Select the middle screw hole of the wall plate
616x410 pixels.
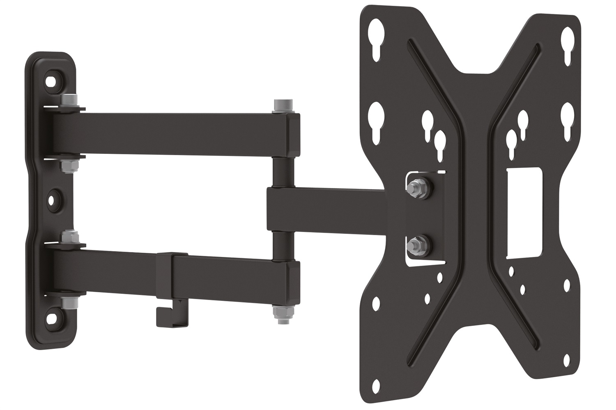tap(53, 200)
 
